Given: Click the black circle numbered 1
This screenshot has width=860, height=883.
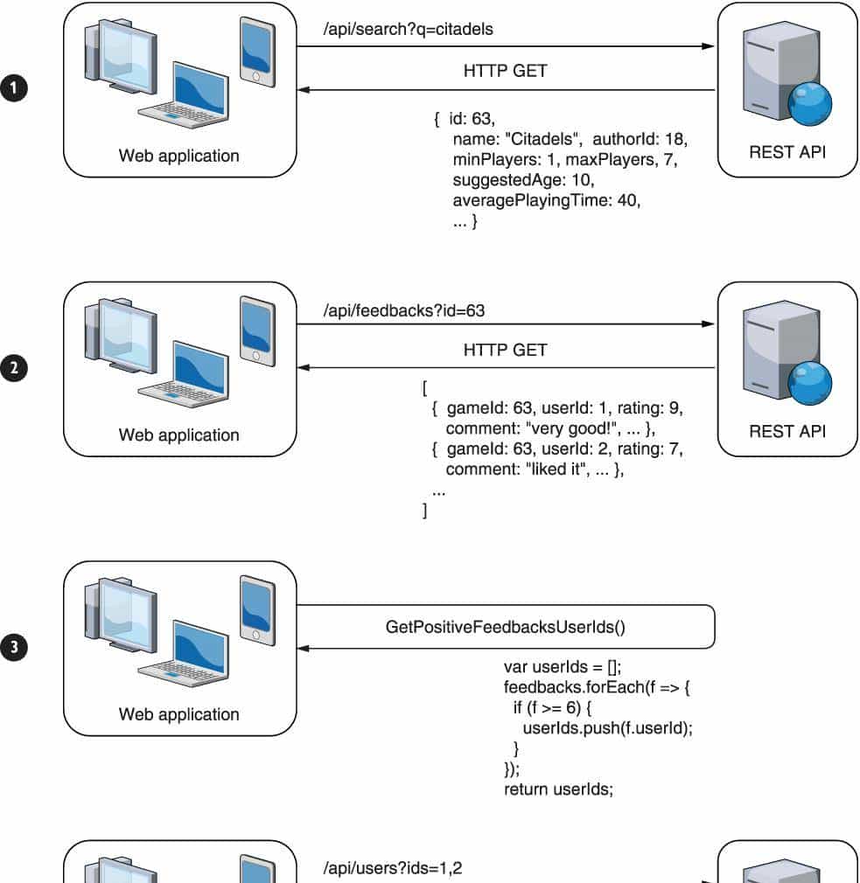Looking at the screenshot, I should click(14, 89).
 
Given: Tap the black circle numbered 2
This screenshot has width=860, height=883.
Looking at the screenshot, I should click(14, 368).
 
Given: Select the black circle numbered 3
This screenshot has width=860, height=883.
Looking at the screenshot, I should click(14, 648).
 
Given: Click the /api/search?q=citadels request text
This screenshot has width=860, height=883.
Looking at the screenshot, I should click(409, 30).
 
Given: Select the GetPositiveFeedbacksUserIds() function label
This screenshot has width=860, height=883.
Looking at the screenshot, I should click(506, 627).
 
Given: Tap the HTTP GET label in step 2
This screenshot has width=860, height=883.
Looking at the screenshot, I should click(505, 351).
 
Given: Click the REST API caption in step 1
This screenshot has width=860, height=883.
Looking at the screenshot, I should click(787, 152).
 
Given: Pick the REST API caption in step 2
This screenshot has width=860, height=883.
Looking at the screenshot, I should click(787, 431).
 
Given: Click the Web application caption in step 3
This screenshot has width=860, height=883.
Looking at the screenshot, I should click(179, 714).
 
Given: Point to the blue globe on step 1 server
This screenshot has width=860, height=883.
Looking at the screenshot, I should click(809, 105).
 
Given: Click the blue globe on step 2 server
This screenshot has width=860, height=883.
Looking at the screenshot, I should click(809, 384).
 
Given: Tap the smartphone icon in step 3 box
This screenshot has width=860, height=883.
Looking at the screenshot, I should click(257, 609).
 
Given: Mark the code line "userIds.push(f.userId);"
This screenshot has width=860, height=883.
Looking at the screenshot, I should click(607, 728).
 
